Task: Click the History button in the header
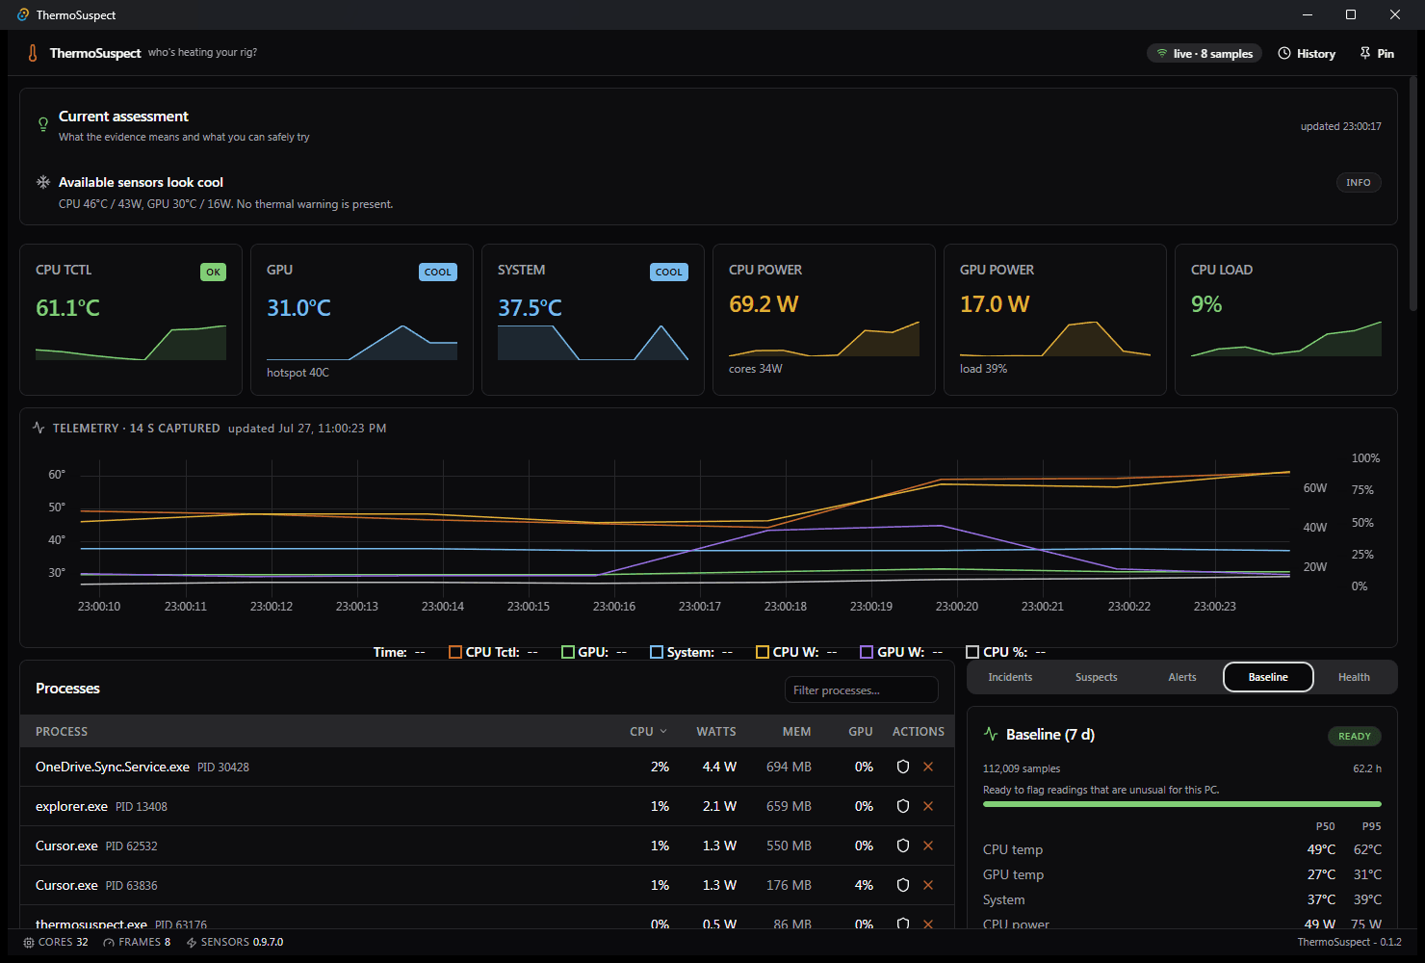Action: [x=1307, y=53]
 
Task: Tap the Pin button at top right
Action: [x=1377, y=53]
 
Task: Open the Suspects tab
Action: [x=1096, y=677]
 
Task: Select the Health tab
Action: [x=1354, y=677]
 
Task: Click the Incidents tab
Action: [x=1010, y=677]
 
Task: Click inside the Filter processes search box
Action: [x=862, y=690]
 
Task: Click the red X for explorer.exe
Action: [x=928, y=806]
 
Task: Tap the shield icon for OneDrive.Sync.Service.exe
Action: [x=903, y=767]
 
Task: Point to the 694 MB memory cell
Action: [x=789, y=767]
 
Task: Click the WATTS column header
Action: [x=716, y=732]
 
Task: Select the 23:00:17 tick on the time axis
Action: [x=700, y=606]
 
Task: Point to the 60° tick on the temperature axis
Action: [x=57, y=475]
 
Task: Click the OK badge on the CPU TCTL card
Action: [x=213, y=272]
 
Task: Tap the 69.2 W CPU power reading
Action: [x=764, y=304]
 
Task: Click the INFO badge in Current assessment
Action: [x=1359, y=183]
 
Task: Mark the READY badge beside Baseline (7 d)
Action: [x=1355, y=736]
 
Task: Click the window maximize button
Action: [x=1351, y=14]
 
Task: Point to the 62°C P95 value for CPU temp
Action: [x=1367, y=849]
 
